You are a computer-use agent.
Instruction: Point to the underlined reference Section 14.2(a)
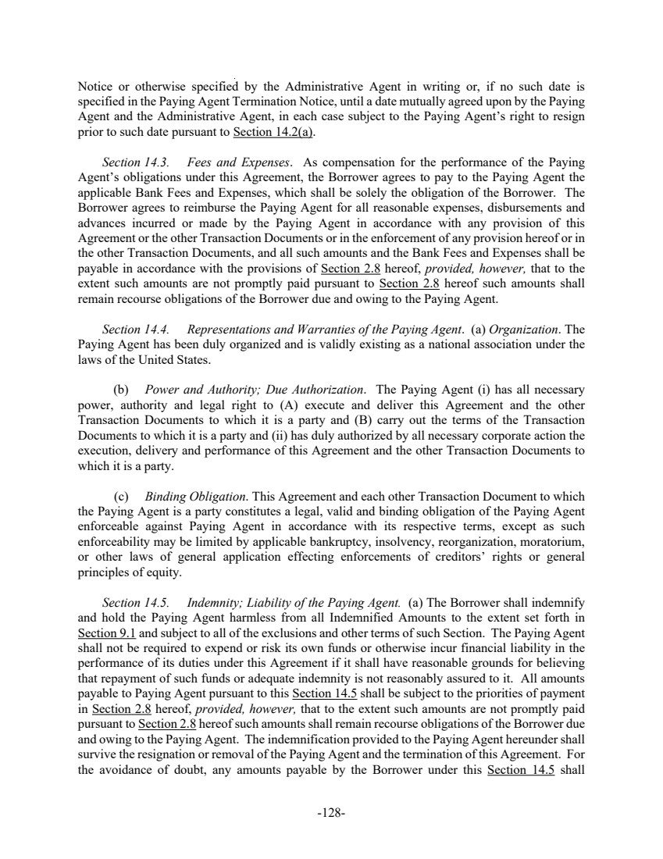pos(267,132)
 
